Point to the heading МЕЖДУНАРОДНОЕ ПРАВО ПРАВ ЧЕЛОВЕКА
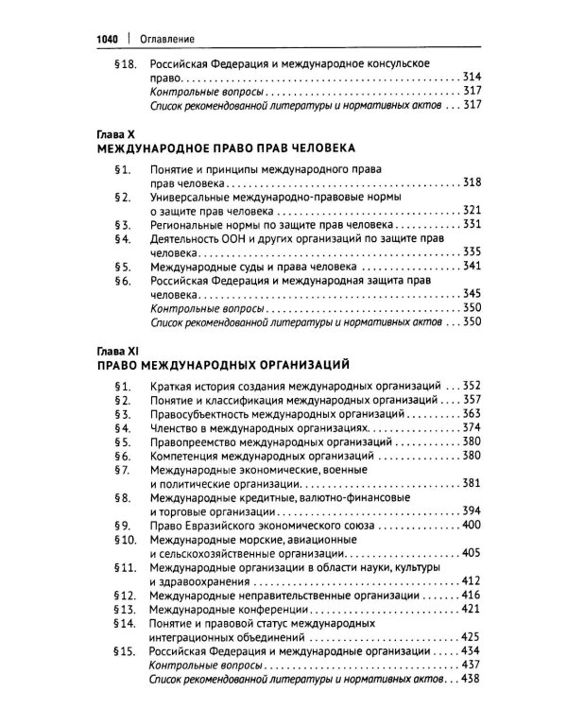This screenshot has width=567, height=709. tap(227, 149)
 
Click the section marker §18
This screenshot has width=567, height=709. tap(125, 62)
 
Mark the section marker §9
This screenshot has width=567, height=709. tap(120, 525)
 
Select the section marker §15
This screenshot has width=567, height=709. tap(125, 652)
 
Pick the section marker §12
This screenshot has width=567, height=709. tap(125, 597)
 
